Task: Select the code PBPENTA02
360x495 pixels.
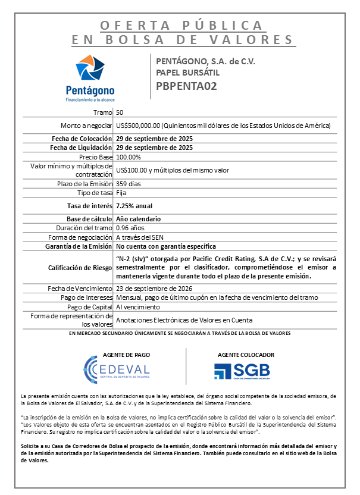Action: [186, 86]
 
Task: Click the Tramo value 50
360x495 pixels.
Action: [120, 112]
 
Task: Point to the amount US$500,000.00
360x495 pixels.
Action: [139, 126]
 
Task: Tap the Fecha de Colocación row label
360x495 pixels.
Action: [82, 139]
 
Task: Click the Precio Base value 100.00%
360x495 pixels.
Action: [129, 157]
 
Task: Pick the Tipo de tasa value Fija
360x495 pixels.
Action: [121, 193]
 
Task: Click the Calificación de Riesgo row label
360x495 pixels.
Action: [81, 268]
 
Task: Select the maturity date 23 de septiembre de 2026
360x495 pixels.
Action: [154, 289]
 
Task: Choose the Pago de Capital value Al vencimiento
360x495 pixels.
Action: [138, 307]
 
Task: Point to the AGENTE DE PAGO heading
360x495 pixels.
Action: [126, 355]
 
